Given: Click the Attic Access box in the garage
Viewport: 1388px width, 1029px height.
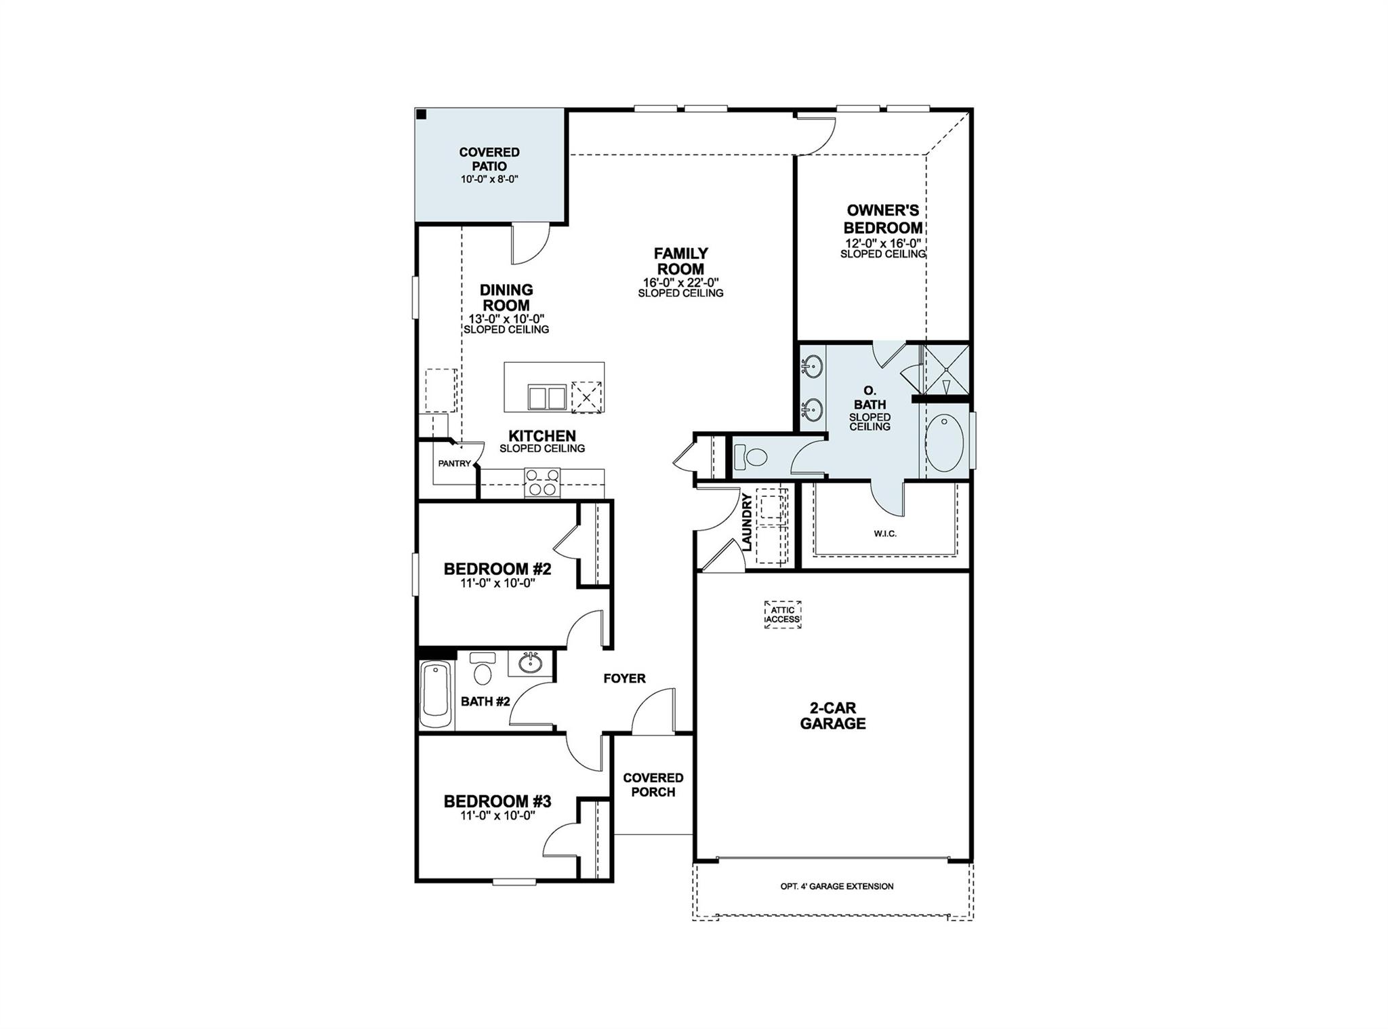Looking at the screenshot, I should coord(783,615).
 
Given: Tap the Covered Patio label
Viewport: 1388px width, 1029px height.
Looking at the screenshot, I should coord(489,159).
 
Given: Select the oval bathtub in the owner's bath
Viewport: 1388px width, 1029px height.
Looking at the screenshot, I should coord(944,443).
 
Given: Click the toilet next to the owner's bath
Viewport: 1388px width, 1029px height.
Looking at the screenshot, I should coord(750,456).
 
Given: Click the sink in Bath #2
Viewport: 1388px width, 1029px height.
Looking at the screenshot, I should coord(529,662).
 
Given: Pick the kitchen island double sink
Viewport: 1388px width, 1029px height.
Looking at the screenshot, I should coord(546,397).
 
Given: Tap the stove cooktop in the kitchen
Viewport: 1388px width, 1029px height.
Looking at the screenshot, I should coord(542,482).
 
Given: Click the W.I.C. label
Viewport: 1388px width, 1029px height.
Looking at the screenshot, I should coord(885,534).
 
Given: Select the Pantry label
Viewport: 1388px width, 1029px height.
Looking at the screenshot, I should coord(454,464).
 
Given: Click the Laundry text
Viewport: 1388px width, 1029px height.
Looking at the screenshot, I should coord(746,522).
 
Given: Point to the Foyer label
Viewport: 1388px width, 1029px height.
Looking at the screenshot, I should coord(624,679).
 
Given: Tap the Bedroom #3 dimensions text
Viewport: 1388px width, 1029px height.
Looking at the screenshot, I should coord(498,816).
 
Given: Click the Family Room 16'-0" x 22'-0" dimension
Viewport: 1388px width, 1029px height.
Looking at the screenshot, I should coord(680,283).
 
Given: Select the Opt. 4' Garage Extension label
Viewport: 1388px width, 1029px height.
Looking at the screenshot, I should coord(837,886).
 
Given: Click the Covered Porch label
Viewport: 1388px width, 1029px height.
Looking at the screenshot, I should coord(653,785).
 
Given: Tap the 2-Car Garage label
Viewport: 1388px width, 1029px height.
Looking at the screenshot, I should coord(833,716).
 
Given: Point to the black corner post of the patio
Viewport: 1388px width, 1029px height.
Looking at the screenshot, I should coord(421,115).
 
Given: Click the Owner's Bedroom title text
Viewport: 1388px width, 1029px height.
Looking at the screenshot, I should coord(882,219).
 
